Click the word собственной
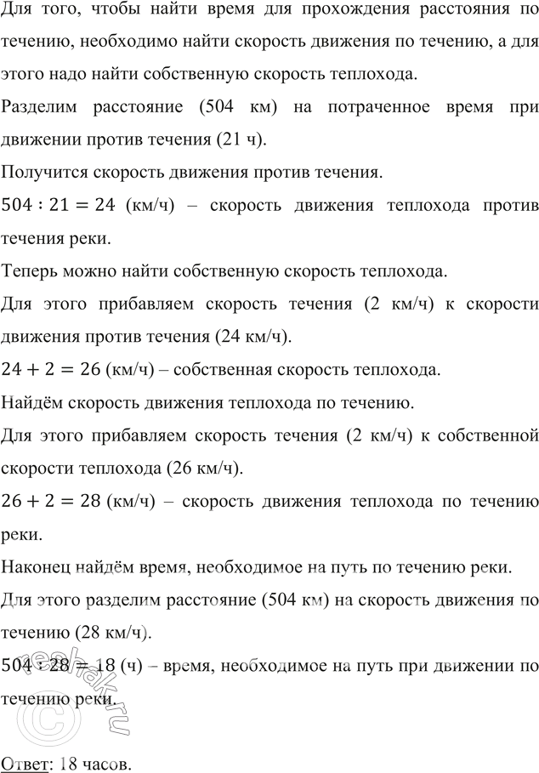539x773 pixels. pyautogui.click(x=487, y=435)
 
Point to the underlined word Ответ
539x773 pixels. pyautogui.click(x=25, y=763)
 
